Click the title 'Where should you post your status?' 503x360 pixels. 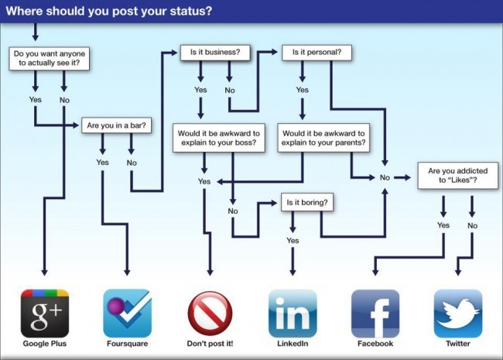click(109, 11)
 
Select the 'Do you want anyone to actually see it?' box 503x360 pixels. click(49, 58)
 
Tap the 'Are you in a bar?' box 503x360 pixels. click(116, 125)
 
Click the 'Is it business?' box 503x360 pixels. click(215, 53)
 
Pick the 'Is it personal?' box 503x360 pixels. click(317, 53)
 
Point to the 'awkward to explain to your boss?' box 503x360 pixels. click(219, 138)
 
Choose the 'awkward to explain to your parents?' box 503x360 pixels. click(323, 138)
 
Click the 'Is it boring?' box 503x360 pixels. click(307, 202)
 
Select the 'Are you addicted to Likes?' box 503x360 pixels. click(458, 176)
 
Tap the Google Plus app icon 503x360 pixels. click(45, 313)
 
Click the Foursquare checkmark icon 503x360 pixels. click(128, 313)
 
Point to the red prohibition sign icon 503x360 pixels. click(210, 314)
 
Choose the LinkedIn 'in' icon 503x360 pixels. click(293, 313)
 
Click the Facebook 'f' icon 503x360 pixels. click(375, 313)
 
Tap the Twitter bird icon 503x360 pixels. click(458, 313)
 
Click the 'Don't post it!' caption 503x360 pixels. click(210, 344)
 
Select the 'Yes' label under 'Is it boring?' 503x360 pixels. click(293, 240)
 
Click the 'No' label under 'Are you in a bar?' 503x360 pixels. click(132, 163)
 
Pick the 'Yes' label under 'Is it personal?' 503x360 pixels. click(302, 90)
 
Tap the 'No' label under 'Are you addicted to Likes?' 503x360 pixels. click(472, 225)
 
